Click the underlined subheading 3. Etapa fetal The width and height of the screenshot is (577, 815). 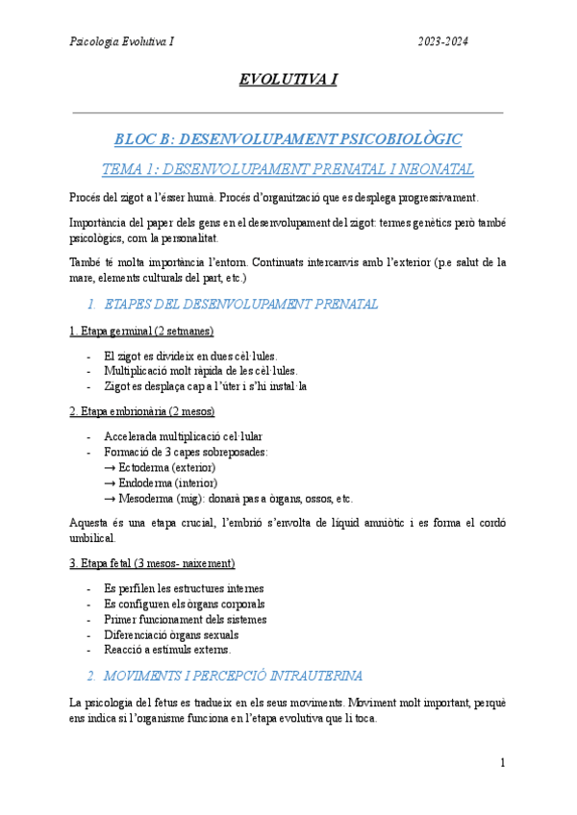(152, 562)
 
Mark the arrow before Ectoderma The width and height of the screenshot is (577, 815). (109, 467)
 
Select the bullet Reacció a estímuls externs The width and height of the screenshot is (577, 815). (167, 650)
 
